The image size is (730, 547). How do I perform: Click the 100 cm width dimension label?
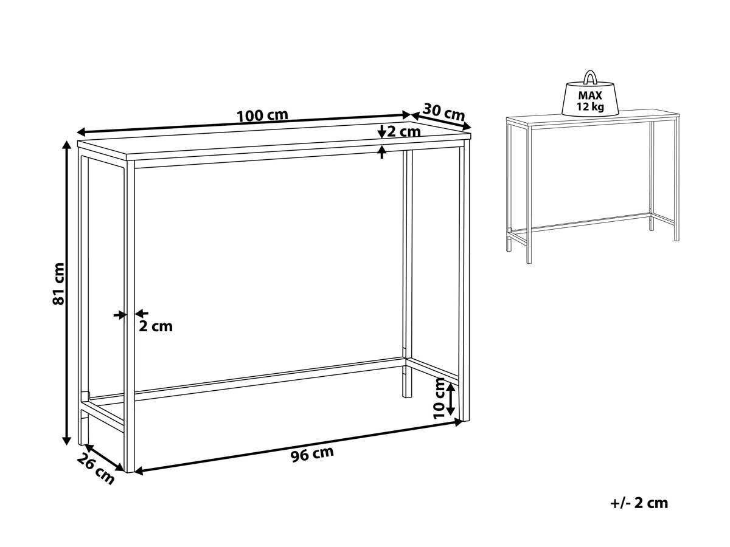tap(262, 115)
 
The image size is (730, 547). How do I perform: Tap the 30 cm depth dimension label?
tap(443, 112)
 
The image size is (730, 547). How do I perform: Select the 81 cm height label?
tap(58, 284)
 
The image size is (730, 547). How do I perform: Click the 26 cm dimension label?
tap(96, 468)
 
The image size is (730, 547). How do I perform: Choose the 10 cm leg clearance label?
tap(439, 398)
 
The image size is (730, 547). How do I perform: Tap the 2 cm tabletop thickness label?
tap(404, 132)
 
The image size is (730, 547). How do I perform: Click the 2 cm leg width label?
tap(156, 326)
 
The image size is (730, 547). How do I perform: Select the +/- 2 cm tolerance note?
tap(639, 503)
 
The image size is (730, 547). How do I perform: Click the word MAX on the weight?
tap(590, 95)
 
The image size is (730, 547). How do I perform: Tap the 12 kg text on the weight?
tap(590, 106)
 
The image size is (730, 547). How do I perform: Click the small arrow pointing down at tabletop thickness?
tap(382, 131)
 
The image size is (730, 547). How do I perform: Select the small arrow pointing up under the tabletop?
tap(382, 152)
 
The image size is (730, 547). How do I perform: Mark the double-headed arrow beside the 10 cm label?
tap(450, 399)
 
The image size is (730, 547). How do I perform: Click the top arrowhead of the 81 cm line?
tap(67, 145)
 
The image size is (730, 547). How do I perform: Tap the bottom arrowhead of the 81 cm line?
tap(67, 439)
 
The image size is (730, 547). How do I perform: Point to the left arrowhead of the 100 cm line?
tap(82, 132)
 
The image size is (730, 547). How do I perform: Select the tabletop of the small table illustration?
tap(593, 119)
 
